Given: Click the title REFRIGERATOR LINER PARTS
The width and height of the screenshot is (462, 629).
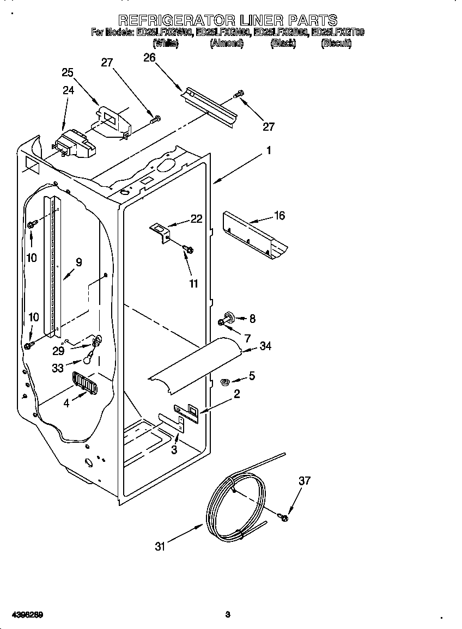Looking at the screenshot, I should tap(228, 21).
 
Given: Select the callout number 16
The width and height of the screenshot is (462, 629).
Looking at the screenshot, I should tap(279, 216).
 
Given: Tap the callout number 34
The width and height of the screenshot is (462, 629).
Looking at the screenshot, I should tap(265, 346).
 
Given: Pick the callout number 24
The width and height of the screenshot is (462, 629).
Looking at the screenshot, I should tap(68, 90).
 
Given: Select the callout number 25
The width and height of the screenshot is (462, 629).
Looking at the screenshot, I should tap(68, 72).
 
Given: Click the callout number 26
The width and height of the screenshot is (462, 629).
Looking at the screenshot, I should tap(149, 57).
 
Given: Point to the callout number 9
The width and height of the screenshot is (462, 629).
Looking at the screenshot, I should tap(78, 262).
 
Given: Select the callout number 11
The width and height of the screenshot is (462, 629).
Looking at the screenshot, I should tap(193, 283).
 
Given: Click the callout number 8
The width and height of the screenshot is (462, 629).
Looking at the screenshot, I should tap(252, 319).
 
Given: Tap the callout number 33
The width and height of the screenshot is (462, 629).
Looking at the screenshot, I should tap(58, 368).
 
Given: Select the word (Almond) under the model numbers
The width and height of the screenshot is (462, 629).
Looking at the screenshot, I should tap(226, 44).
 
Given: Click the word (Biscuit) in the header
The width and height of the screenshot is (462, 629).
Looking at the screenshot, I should tap(336, 44).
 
